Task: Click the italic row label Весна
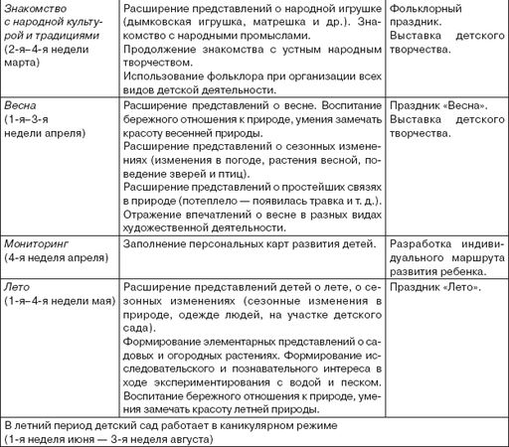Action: coord(20,105)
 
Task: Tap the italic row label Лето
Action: coord(18,287)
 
